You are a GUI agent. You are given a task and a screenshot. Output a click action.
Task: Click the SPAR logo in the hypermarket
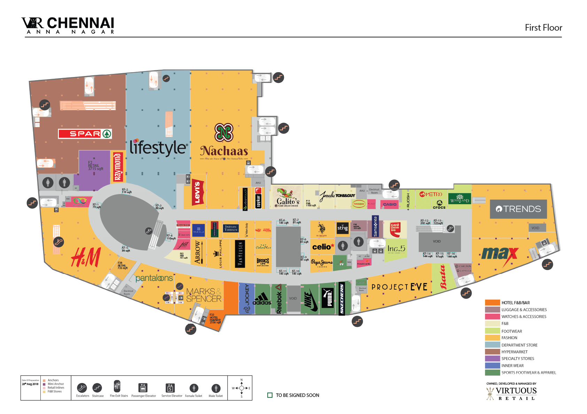coord(85,134)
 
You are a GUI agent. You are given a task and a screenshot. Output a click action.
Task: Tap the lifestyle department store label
coord(159,148)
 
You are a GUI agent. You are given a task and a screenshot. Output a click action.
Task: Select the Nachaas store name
coord(224,151)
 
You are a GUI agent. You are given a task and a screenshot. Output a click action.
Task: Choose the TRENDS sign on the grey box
coord(518,209)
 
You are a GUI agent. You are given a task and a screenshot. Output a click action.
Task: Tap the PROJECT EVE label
coord(399,287)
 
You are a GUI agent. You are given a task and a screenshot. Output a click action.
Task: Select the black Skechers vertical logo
coord(342,299)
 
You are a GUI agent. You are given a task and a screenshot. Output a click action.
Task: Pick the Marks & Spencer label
coord(204,295)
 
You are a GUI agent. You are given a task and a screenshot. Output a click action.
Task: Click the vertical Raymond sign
coord(118,167)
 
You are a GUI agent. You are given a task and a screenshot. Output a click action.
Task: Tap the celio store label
coord(323,247)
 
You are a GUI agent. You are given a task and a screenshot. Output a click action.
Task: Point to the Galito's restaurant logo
coord(287,198)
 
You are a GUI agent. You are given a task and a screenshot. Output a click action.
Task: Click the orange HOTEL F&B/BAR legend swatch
coord(492,302)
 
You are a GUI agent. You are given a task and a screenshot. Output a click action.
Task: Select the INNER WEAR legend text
coord(512,366)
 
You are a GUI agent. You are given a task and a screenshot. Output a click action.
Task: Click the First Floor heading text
coord(543,28)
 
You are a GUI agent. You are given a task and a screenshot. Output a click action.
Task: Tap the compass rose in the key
coord(241,388)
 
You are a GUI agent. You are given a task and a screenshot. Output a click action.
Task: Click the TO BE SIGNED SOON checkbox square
coord(270,395)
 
